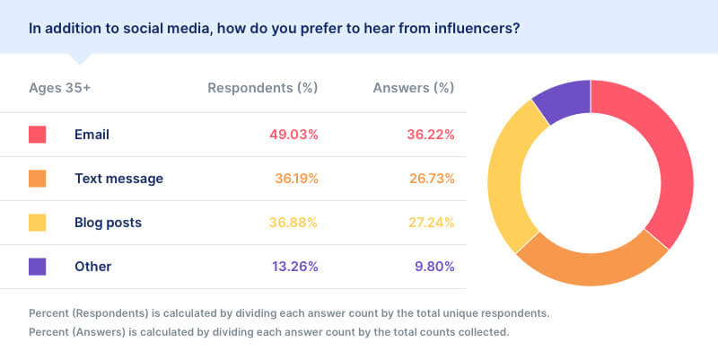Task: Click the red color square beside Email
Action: pos(37,135)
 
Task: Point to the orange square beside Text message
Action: pos(37,179)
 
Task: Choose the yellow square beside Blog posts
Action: pos(37,223)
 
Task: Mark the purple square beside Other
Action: pos(37,267)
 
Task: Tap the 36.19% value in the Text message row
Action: pos(296,179)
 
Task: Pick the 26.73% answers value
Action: pos(430,179)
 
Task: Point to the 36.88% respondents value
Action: pos(294,223)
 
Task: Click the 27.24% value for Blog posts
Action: pos(430,223)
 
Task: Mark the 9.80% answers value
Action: pos(433,267)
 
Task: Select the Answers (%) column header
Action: pos(414,88)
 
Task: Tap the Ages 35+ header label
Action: pos(60,88)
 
